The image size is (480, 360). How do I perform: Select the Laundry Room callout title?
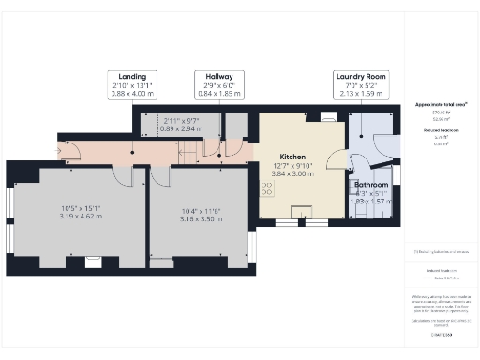pyautogui.click(x=361, y=75)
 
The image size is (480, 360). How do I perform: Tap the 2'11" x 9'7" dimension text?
pyautogui.click(x=180, y=121)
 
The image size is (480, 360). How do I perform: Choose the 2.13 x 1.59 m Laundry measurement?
pyautogui.click(x=361, y=93)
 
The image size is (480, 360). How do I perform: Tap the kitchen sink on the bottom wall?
pyautogui.click(x=302, y=211)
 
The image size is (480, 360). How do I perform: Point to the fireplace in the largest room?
pyautogui.click(x=93, y=262)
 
